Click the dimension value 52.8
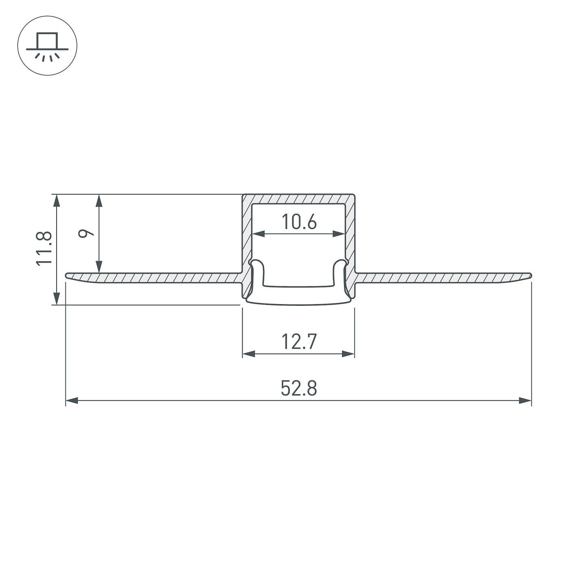tap(298, 388)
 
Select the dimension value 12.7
tap(298, 342)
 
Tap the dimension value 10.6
tap(299, 222)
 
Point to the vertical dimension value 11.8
tap(44, 248)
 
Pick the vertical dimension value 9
tap(86, 233)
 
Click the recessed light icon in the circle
tap(47, 46)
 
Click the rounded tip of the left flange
tap(68, 276)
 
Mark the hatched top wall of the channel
tap(298, 199)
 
